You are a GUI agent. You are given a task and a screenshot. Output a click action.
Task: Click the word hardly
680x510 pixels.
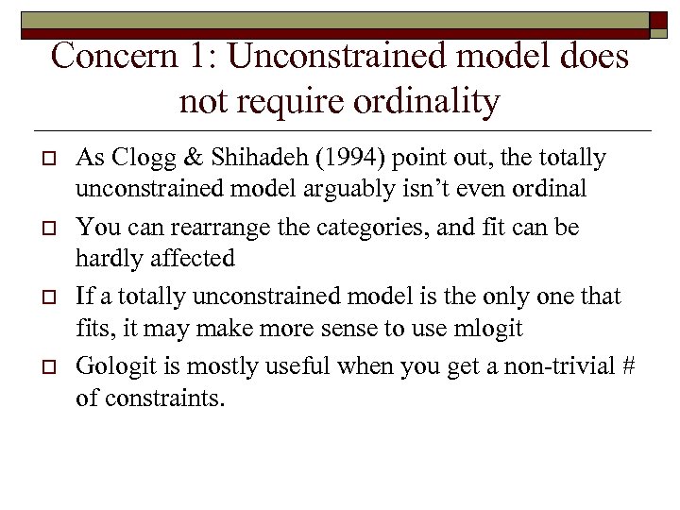[108, 258]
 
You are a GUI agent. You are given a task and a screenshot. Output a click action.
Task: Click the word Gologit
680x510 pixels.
[113, 366]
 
